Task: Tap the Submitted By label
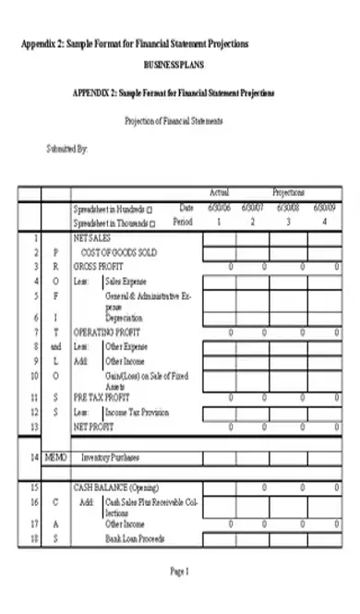pos(66,149)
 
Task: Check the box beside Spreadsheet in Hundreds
pos(150,210)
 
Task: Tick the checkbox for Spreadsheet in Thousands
pos(153,223)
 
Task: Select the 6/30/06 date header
pos(219,208)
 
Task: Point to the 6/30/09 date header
pos(325,208)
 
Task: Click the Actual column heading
pos(219,193)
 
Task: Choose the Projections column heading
pos(288,193)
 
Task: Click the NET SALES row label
pos(92,237)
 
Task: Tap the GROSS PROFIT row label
pos(98,266)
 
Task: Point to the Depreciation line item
pos(125,316)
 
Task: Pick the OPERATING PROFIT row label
pos(105,331)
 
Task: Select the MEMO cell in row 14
pos(56,457)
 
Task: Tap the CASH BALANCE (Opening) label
pos(114,487)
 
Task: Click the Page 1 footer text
pos(179,572)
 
